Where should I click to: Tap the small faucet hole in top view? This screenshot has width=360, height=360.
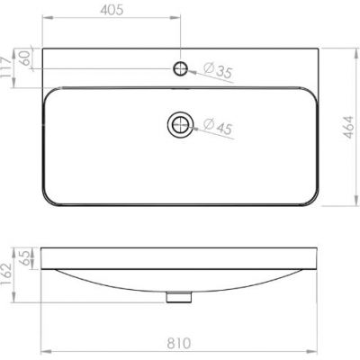click(x=181, y=68)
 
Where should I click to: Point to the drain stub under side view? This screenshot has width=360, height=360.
click(x=181, y=296)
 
